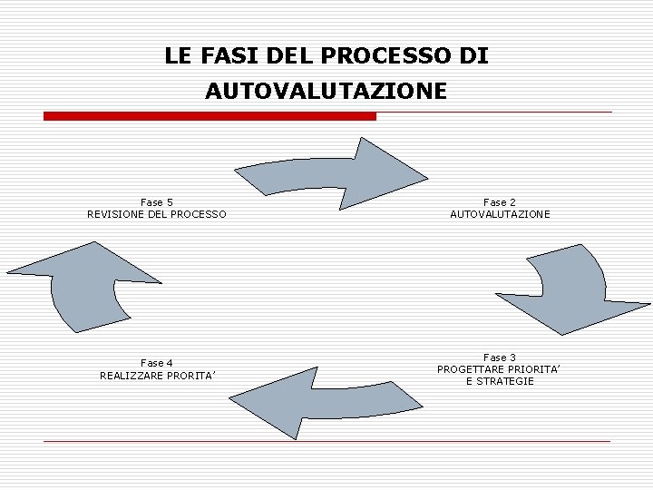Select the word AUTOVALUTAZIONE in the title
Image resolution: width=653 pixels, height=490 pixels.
pos(326,92)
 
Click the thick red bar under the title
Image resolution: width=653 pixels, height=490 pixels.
pos(210,116)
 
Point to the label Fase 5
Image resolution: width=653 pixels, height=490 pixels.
pos(157,202)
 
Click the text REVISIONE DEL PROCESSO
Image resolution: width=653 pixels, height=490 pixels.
pos(157,214)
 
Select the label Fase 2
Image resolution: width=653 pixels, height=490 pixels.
pos(500,202)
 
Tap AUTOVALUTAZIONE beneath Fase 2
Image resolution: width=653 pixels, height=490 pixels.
pos(500,214)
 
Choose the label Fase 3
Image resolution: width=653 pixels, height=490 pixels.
pos(500,358)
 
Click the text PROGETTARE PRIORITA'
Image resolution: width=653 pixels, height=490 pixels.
pos(500,369)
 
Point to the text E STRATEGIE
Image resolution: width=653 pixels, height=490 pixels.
pos(500,381)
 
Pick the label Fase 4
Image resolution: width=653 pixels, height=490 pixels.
pos(157,363)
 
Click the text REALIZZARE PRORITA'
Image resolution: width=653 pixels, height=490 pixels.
pos(157,375)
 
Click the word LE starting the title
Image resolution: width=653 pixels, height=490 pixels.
pos(176,56)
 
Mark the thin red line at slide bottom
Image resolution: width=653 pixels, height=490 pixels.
pos(326,441)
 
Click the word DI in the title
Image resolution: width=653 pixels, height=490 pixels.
pos(474,56)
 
